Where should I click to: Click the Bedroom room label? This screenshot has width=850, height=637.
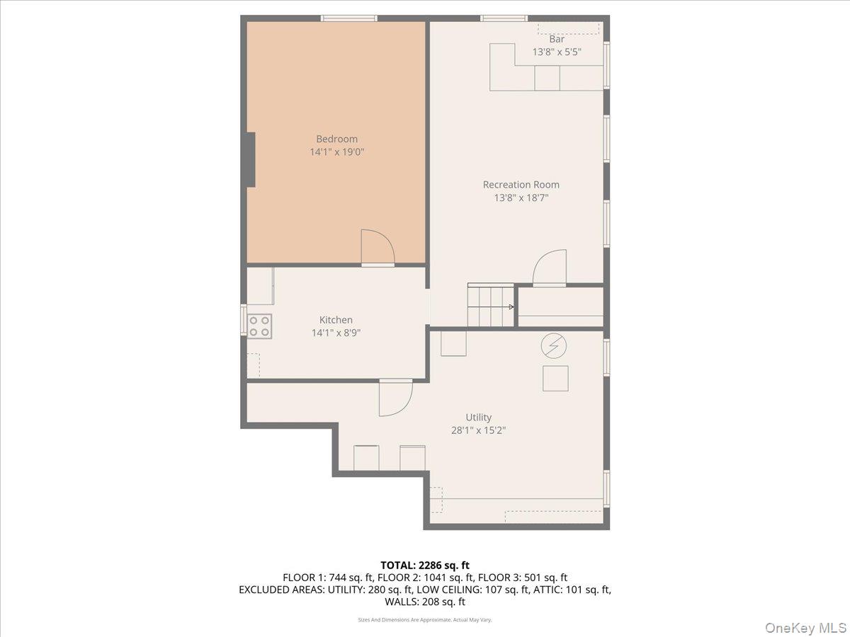coord(336,139)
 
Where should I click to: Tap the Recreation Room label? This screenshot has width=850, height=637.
coord(521,185)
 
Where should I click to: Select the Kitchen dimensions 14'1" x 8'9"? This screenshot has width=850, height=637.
coord(336,333)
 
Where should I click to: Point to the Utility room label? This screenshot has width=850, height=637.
coord(478,418)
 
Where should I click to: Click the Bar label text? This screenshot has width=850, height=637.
coord(557,40)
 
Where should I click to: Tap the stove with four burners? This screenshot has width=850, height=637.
coord(259,325)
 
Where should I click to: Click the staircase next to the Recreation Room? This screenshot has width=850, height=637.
coord(490,306)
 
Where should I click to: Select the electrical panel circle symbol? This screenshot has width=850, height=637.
coord(554,345)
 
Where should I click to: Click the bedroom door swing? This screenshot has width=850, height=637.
coord(377,247)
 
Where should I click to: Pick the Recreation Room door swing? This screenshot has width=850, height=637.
coord(550,268)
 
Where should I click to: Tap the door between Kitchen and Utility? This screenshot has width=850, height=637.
coord(395,398)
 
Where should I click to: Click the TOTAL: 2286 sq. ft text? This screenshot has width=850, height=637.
coord(425,565)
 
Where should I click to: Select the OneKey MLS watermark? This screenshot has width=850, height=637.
coord(804,627)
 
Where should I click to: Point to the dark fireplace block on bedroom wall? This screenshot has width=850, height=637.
coord(250,159)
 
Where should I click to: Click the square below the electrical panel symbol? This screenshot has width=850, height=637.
coord(555,378)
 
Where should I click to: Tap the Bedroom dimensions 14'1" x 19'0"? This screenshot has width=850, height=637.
coord(336,151)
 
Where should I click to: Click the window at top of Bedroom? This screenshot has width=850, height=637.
coord(348,18)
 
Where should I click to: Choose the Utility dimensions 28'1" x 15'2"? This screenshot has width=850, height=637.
coord(478,430)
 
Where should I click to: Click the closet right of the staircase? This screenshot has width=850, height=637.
coord(560,306)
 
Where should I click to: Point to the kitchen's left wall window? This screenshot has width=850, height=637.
coord(244,320)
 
